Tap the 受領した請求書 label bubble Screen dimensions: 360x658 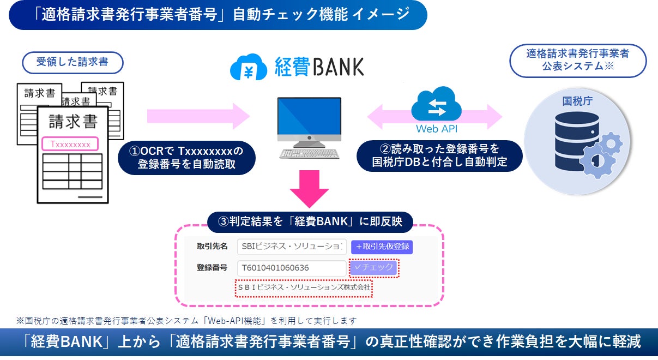point(72,62)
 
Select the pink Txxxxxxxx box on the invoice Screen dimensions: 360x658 point(70,144)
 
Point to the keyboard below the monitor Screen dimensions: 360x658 point(309,153)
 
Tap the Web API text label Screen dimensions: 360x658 point(436,129)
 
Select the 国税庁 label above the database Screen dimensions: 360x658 point(577,101)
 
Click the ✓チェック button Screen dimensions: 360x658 point(373,267)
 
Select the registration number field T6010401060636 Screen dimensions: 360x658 point(292,267)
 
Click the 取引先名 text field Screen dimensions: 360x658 point(292,247)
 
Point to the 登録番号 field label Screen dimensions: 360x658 point(212,267)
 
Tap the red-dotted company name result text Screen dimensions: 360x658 point(304,286)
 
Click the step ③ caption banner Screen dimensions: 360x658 point(310,221)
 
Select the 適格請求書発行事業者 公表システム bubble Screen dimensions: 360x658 point(578,61)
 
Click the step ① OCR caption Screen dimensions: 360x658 point(186,157)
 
